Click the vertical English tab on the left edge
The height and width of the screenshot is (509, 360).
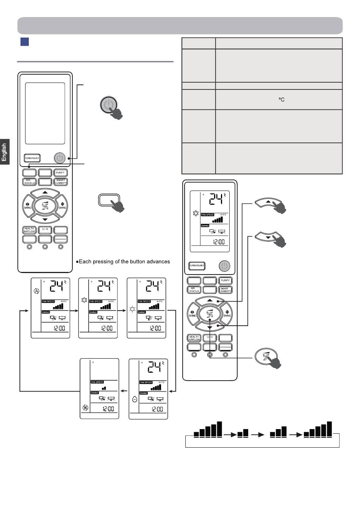[5, 151]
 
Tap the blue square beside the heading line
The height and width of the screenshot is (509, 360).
[25, 41]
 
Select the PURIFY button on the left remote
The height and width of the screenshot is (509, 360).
[61, 173]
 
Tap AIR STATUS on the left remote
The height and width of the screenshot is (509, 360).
[30, 182]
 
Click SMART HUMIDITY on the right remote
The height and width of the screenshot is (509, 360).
[225, 290]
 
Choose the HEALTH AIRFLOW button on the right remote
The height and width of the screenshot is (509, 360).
[194, 338]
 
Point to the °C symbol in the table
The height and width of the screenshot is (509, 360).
[282, 100]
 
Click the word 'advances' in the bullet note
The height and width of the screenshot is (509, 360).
[157, 262]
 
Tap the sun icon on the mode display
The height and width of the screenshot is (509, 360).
[132, 309]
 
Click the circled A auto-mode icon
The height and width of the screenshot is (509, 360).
[36, 291]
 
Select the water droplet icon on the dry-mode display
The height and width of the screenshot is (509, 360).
[135, 399]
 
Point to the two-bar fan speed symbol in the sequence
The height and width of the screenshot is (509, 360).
[243, 433]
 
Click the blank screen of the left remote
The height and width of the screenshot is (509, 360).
[45, 113]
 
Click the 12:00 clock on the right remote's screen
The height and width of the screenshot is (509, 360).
[218, 242]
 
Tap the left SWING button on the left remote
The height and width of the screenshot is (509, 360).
[28, 206]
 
